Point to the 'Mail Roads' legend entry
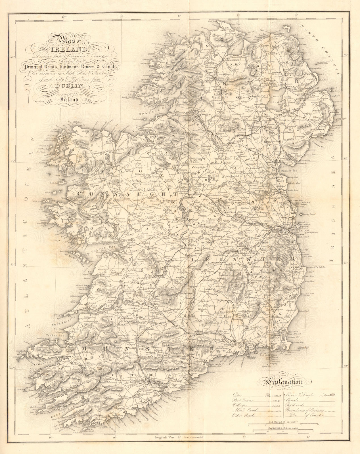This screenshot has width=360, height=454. click(x=243, y=409)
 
